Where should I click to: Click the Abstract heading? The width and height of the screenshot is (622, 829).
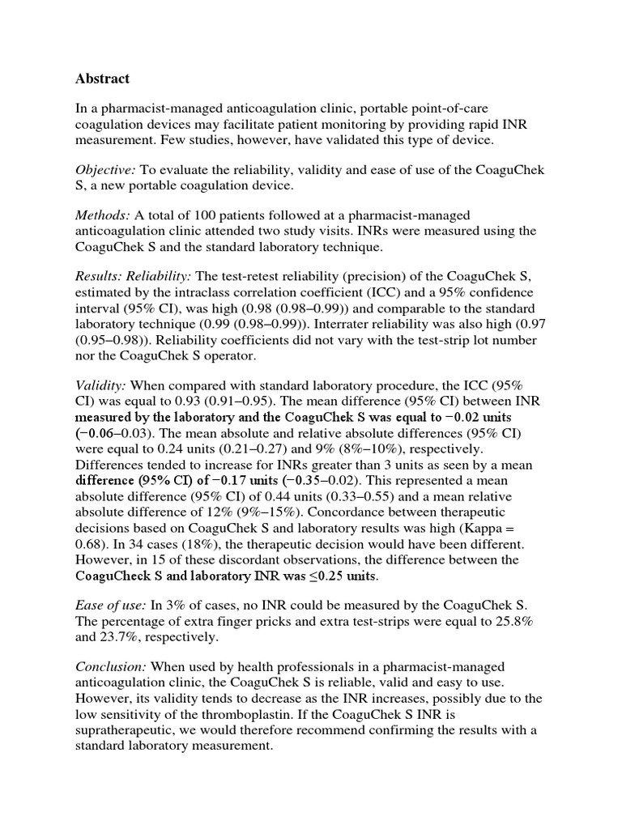[102, 79]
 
